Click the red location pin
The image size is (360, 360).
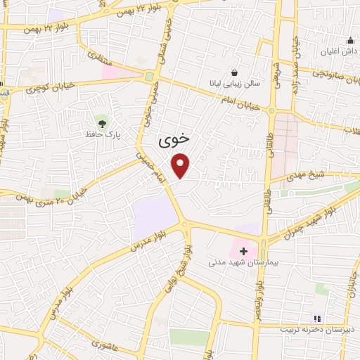coord(181,165)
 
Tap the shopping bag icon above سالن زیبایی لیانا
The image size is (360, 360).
coord(234,72)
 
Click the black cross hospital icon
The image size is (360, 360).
coord(243,250)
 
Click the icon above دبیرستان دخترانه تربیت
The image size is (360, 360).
coord(316,319)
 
